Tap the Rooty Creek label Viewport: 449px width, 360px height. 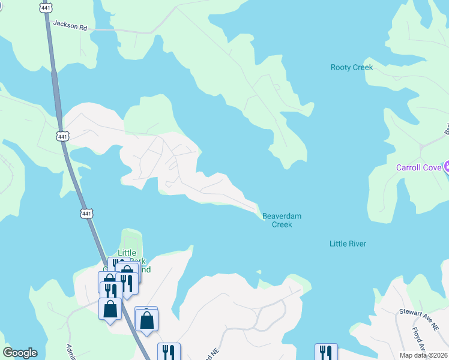(352, 67)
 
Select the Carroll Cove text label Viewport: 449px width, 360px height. (418, 167)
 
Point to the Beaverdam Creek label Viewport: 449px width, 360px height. (282, 220)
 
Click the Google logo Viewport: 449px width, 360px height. (20, 353)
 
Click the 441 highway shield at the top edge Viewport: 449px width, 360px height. (46, 7)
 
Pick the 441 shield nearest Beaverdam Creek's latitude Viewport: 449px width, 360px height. (86, 213)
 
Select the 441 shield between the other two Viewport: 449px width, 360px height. (62, 137)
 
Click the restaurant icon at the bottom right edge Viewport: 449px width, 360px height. (326, 352)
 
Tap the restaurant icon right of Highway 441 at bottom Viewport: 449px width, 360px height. (169, 352)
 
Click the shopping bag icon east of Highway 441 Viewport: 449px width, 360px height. (146, 319)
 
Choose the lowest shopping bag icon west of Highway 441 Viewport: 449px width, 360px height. (110, 309)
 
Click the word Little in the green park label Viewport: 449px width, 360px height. (127, 253)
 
